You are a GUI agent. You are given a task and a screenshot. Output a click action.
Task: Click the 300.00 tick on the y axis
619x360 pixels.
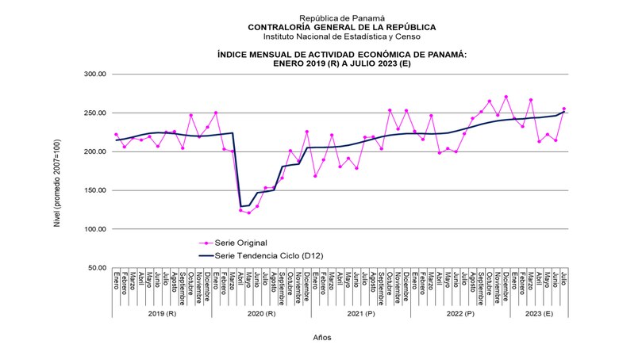94,75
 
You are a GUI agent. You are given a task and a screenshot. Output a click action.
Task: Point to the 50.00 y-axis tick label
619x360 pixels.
96,268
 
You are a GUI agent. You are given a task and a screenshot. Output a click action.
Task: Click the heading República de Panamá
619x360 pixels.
341,17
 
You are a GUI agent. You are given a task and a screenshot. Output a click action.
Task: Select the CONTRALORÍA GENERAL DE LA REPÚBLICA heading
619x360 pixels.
341,26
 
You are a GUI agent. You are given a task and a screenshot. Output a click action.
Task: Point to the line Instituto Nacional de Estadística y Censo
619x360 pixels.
341,36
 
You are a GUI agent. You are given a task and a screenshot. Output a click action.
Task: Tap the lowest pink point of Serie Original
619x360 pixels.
248,213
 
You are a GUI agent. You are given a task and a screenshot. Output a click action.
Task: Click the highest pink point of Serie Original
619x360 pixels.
506,97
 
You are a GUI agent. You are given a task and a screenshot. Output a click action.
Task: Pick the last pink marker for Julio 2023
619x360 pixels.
564,109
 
